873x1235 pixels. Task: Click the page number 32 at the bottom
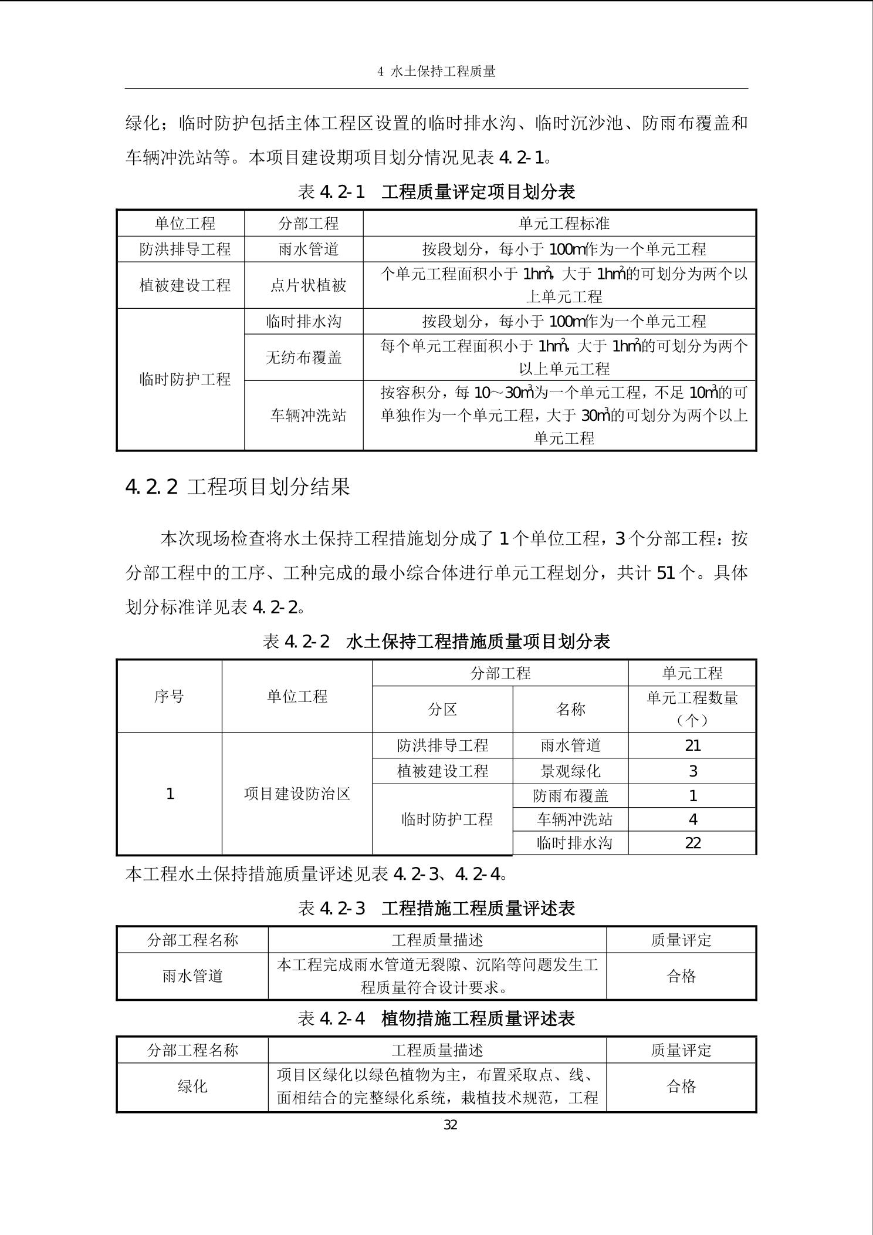(450, 1125)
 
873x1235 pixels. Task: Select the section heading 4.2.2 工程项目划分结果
(238, 487)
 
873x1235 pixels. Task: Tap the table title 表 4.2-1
(436, 191)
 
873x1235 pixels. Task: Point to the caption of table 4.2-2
(436, 642)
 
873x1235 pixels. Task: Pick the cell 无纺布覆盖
(303, 357)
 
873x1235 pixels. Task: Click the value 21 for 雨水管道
(692, 745)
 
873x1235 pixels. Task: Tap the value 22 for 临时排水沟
(692, 843)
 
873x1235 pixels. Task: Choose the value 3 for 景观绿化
(692, 771)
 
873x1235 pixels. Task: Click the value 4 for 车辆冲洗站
(692, 819)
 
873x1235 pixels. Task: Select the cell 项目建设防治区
(297, 794)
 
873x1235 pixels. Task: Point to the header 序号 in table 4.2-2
(169, 697)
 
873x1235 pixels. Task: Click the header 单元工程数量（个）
(692, 708)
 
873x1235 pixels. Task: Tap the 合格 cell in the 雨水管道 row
(681, 976)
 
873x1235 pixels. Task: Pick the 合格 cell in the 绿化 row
(681, 1086)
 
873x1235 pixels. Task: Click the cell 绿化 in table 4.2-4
(192, 1086)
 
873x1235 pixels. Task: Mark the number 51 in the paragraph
(666, 573)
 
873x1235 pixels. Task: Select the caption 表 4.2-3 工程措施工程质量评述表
(436, 909)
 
